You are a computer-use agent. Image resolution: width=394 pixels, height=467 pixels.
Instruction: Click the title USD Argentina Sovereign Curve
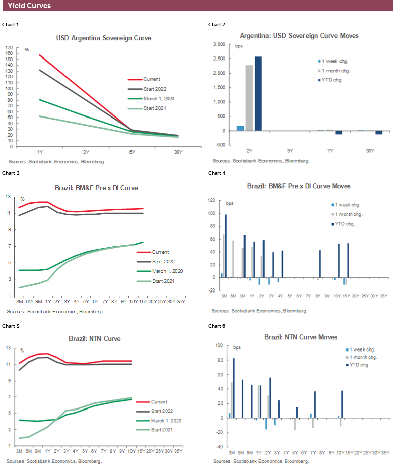click(103, 38)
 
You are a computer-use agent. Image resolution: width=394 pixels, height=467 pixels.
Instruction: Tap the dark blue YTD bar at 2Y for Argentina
click(258, 93)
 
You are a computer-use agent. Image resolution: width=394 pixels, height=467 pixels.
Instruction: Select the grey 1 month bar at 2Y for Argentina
click(249, 98)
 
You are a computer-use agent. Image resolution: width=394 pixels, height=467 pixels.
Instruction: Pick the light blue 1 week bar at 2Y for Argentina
click(240, 128)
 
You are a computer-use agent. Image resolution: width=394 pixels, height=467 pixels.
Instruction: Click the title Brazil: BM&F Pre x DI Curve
click(96, 188)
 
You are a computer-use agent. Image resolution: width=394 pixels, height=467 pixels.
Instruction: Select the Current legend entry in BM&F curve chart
click(160, 252)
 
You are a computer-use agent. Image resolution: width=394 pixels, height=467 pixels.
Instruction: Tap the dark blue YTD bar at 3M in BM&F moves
click(226, 246)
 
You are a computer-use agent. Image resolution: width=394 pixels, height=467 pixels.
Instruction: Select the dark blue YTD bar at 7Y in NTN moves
click(315, 404)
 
